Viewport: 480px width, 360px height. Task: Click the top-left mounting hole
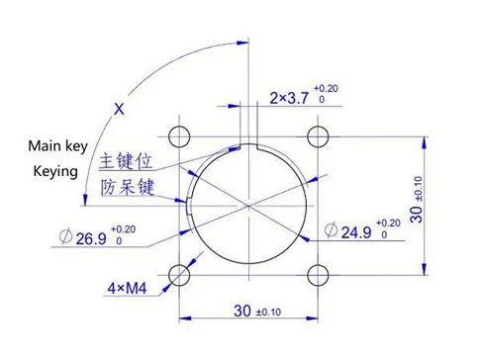point(179,135)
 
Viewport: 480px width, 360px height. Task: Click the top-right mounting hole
point(317,135)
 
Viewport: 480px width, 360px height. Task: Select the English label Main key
point(57,146)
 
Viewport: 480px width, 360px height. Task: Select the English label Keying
point(55,171)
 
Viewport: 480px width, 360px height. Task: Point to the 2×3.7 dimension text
point(289,98)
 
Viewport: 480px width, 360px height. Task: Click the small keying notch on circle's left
point(188,205)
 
